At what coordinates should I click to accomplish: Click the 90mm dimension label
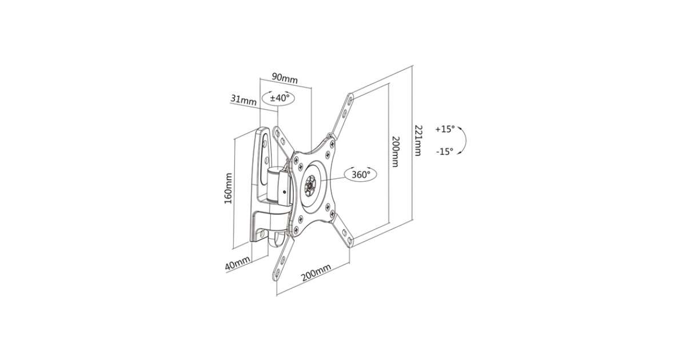pyautogui.click(x=285, y=78)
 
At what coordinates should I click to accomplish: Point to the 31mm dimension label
pyautogui.click(x=244, y=99)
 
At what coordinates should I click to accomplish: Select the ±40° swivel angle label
pyautogui.click(x=280, y=98)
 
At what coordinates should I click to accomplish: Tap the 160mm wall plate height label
pyautogui.click(x=229, y=189)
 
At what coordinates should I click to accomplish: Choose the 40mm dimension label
pyautogui.click(x=238, y=263)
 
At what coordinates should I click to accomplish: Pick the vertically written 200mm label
pyautogui.click(x=396, y=151)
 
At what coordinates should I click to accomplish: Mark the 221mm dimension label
pyautogui.click(x=418, y=140)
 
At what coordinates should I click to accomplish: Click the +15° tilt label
pyautogui.click(x=445, y=129)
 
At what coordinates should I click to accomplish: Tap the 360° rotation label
pyautogui.click(x=361, y=174)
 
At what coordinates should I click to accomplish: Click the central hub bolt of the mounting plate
pyautogui.click(x=312, y=184)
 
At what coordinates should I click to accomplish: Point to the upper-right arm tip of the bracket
pyautogui.click(x=350, y=97)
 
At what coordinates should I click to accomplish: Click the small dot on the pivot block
pyautogui.click(x=285, y=192)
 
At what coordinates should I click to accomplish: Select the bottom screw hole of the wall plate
pyautogui.click(x=262, y=234)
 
